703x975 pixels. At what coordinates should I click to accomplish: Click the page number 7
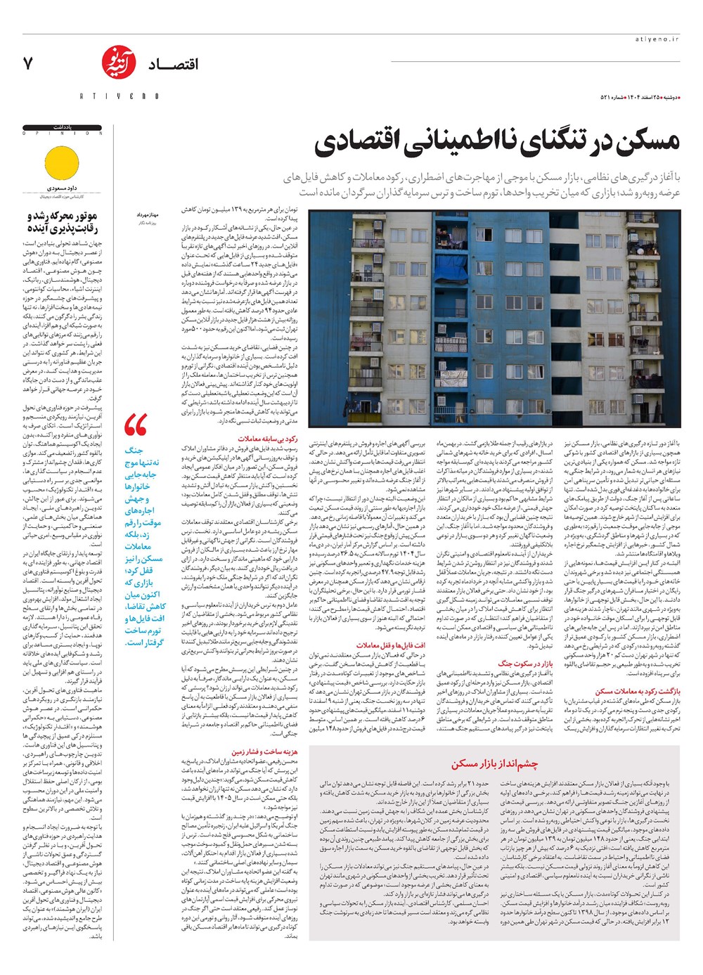click(x=28, y=63)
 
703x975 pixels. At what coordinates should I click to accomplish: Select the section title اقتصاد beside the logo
click(x=173, y=65)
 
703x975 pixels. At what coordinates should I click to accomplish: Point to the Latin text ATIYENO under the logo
click(x=118, y=96)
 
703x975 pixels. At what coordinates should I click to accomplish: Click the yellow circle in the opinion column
click(x=63, y=164)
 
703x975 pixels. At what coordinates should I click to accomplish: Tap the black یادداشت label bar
click(x=63, y=127)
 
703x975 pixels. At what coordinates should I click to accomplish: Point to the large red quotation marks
click(x=136, y=425)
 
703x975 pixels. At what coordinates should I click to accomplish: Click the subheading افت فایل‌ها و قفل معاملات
click(x=400, y=645)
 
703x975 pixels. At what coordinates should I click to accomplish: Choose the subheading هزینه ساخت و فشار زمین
click(x=264, y=751)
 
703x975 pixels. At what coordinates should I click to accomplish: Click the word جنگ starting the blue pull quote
click(x=134, y=450)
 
